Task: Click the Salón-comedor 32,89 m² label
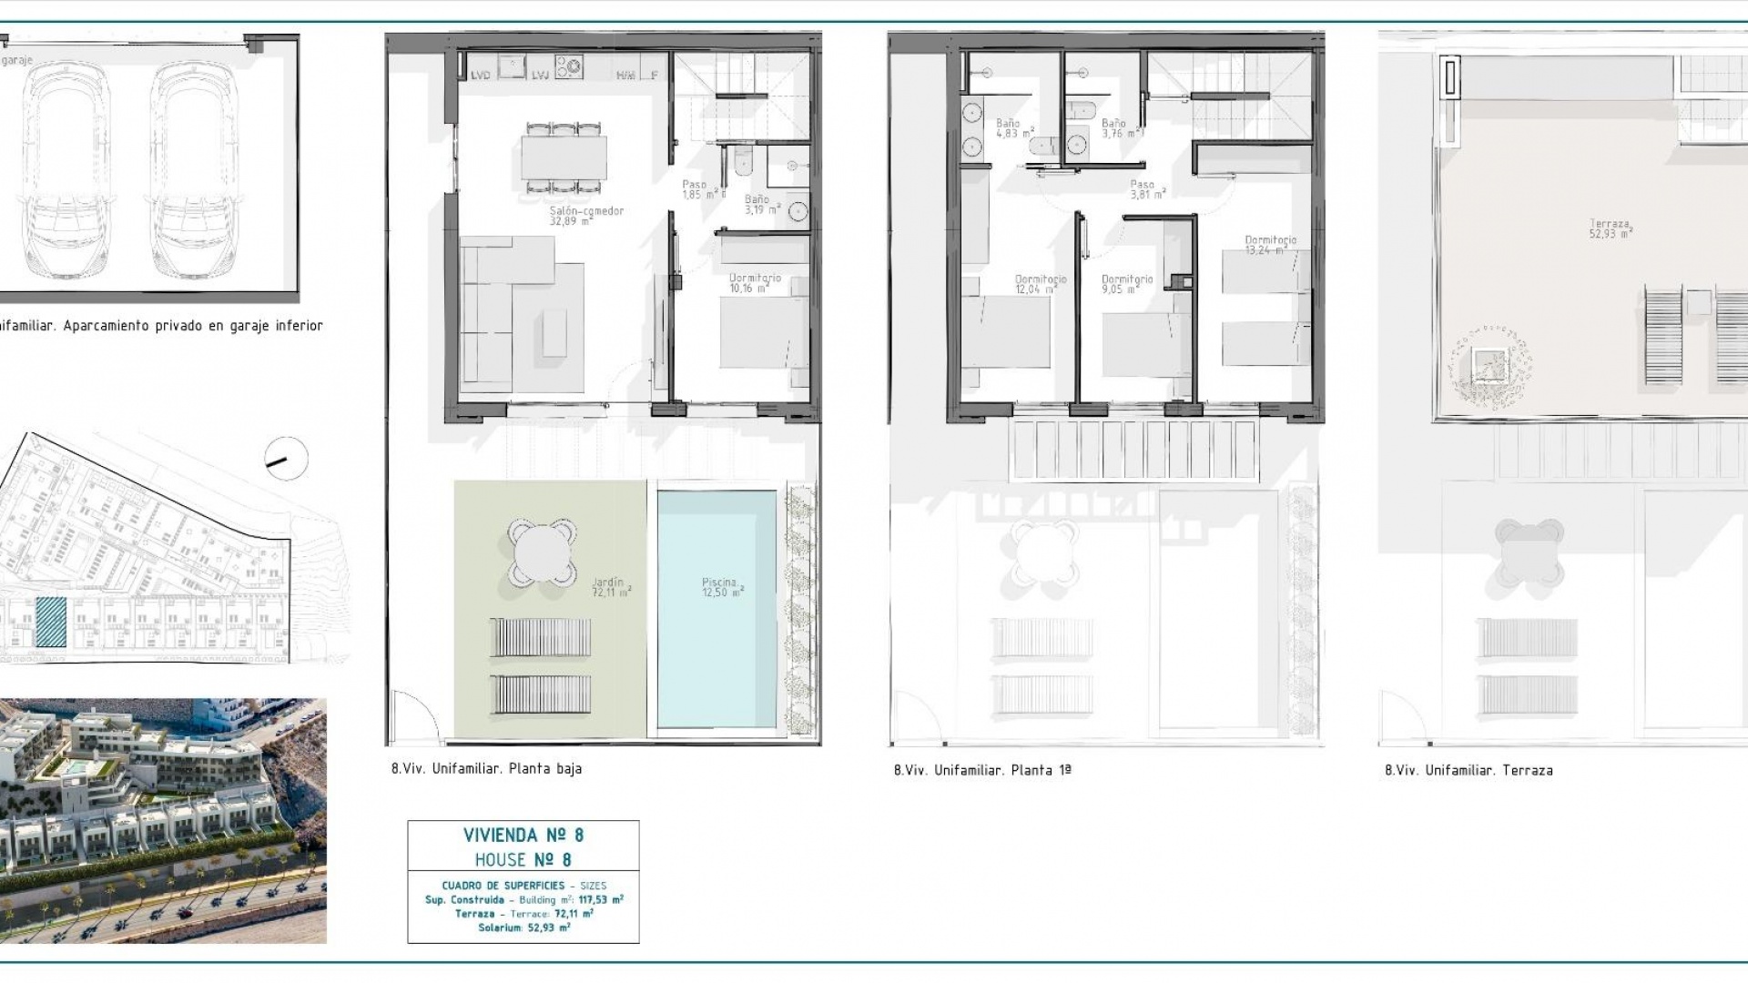coord(585,215)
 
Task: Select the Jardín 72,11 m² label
coord(610,587)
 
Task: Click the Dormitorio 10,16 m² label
coord(755,283)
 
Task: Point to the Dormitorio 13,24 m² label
coord(1270,245)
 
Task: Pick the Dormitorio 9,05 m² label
coord(1126,284)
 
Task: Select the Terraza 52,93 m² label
coord(1611,228)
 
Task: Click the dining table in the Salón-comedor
coord(564,157)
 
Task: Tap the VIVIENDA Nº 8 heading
coord(523,835)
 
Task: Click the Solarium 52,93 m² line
coord(523,928)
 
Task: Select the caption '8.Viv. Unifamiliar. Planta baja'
coord(486,768)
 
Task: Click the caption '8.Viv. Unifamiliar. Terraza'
coord(1469,770)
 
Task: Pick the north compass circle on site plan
coord(285,461)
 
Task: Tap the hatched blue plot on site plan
coord(51,623)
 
